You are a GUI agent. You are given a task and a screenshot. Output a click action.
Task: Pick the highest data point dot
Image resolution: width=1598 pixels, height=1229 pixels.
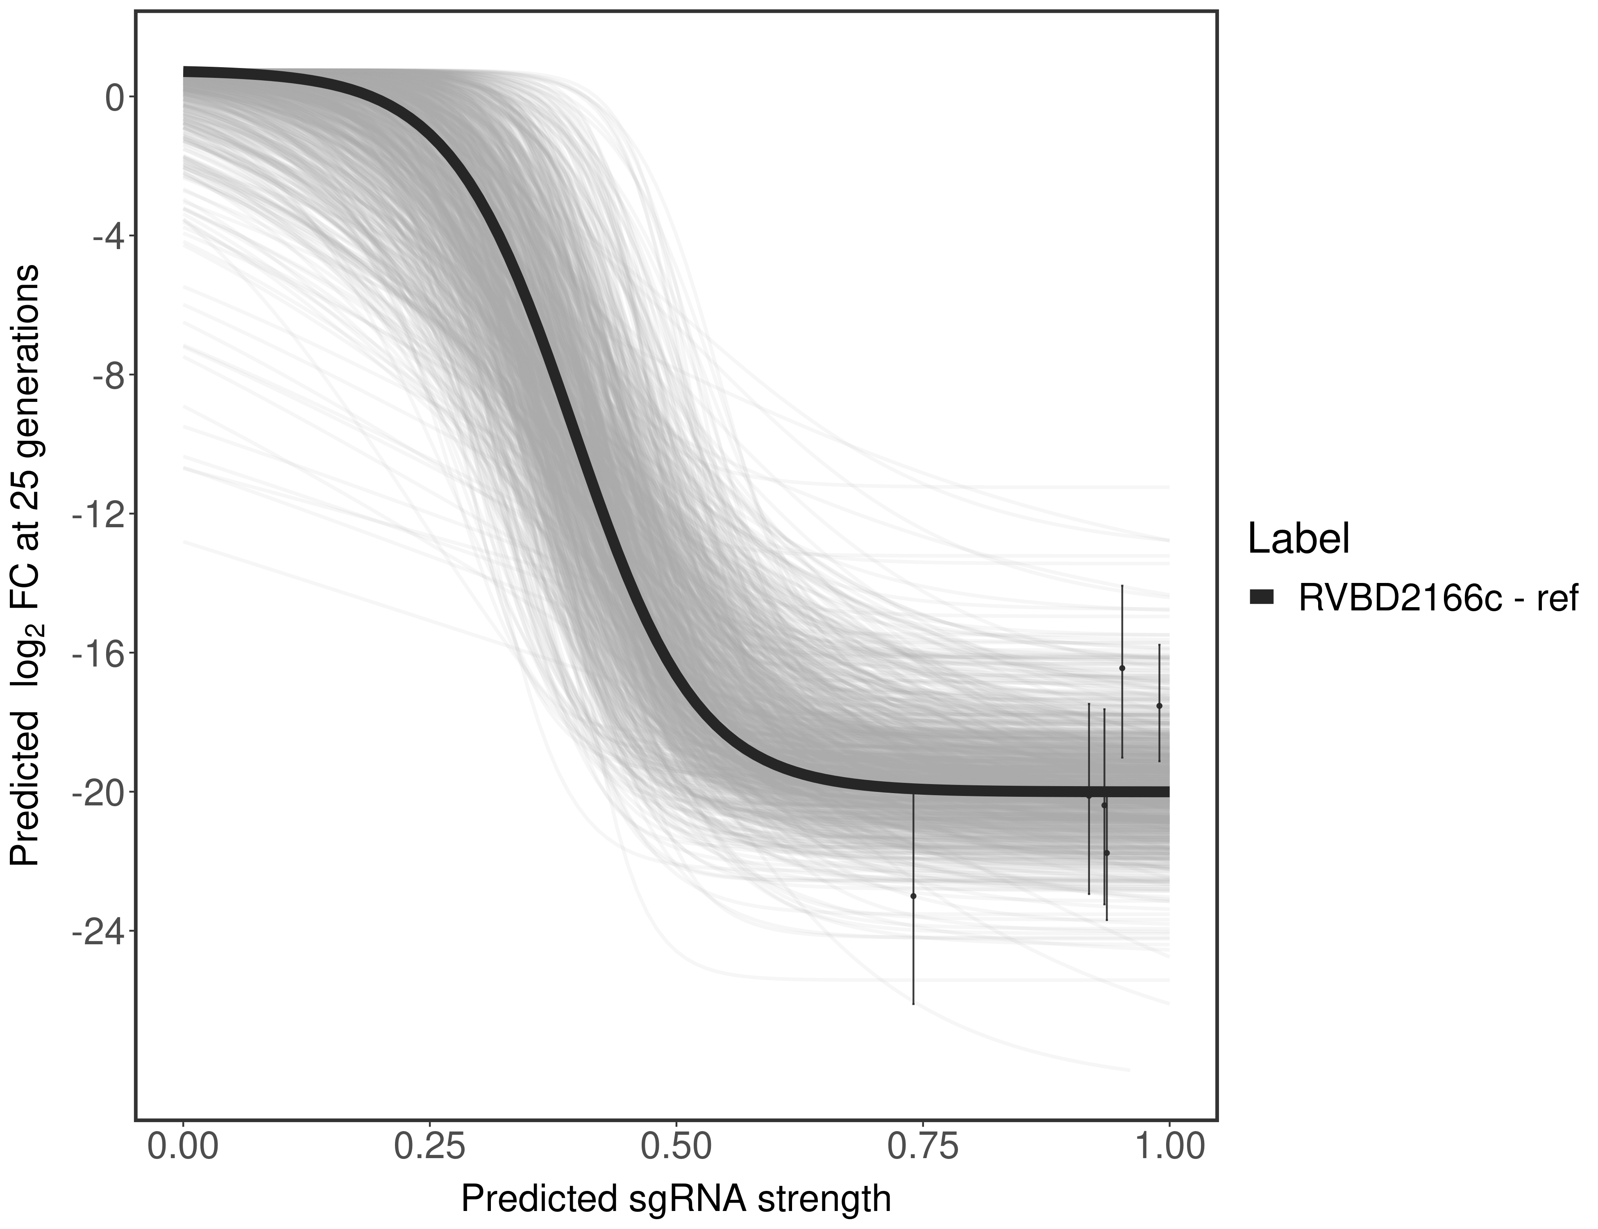point(1122,668)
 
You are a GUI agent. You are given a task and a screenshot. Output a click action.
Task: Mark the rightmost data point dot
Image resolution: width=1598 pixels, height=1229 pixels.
point(1159,705)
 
